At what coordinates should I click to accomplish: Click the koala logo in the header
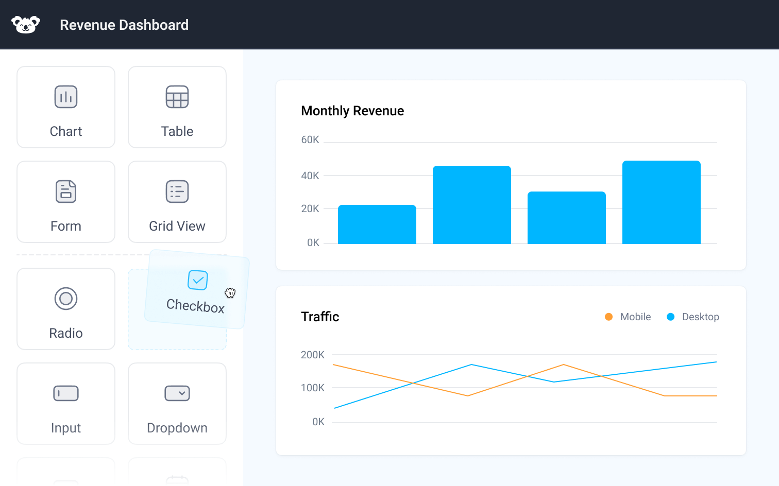pyautogui.click(x=26, y=24)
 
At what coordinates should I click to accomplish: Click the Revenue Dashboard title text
pyautogui.click(x=124, y=25)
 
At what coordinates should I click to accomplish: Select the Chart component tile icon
pyautogui.click(x=66, y=97)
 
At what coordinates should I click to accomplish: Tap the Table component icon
pyautogui.click(x=177, y=97)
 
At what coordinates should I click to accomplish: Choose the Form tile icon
pyautogui.click(x=66, y=192)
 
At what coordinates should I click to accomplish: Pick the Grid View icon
pyautogui.click(x=177, y=192)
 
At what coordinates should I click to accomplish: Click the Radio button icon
pyautogui.click(x=66, y=299)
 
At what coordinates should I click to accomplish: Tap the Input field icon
pyautogui.click(x=66, y=393)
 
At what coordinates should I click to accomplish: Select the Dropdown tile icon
pyautogui.click(x=177, y=393)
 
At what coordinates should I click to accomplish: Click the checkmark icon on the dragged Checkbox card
pyautogui.click(x=198, y=280)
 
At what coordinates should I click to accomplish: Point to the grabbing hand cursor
pyautogui.click(x=230, y=293)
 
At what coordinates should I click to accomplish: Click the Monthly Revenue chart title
pyautogui.click(x=352, y=111)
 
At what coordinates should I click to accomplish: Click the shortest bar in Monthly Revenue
pyautogui.click(x=377, y=224)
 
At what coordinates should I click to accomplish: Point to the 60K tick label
pyautogui.click(x=310, y=140)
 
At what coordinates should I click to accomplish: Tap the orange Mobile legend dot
pyautogui.click(x=609, y=317)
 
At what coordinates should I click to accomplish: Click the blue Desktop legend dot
pyautogui.click(x=671, y=317)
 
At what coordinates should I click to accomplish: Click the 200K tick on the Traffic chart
pyautogui.click(x=313, y=355)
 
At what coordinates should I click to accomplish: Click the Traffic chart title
pyautogui.click(x=320, y=317)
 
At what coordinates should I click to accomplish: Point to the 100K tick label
pyautogui.click(x=313, y=388)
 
